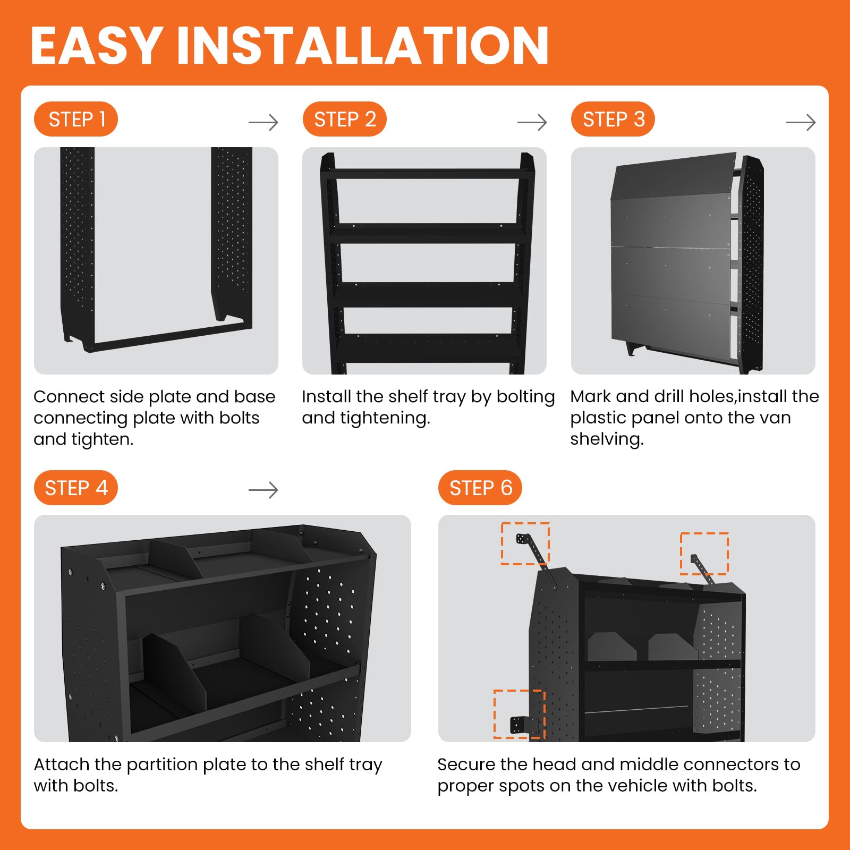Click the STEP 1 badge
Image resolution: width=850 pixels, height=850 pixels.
(76, 119)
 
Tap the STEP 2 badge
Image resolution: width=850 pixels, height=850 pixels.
(345, 119)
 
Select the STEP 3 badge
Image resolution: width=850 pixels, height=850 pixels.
(613, 119)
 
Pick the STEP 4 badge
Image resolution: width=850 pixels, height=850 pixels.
(76, 488)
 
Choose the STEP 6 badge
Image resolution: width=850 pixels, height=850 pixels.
(480, 488)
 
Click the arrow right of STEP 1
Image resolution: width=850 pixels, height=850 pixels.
(263, 123)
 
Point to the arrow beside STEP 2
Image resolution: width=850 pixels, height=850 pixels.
(532, 123)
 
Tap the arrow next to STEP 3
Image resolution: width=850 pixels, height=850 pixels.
(801, 123)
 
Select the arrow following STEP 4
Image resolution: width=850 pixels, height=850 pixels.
(263, 490)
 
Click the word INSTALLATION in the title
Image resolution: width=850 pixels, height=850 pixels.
(363, 46)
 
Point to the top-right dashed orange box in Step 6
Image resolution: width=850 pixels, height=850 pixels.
(704, 533)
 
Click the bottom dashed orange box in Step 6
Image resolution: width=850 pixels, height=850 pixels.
(495, 714)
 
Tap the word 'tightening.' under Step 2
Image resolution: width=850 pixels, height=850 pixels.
(385, 419)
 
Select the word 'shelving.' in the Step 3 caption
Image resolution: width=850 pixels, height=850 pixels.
(607, 439)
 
